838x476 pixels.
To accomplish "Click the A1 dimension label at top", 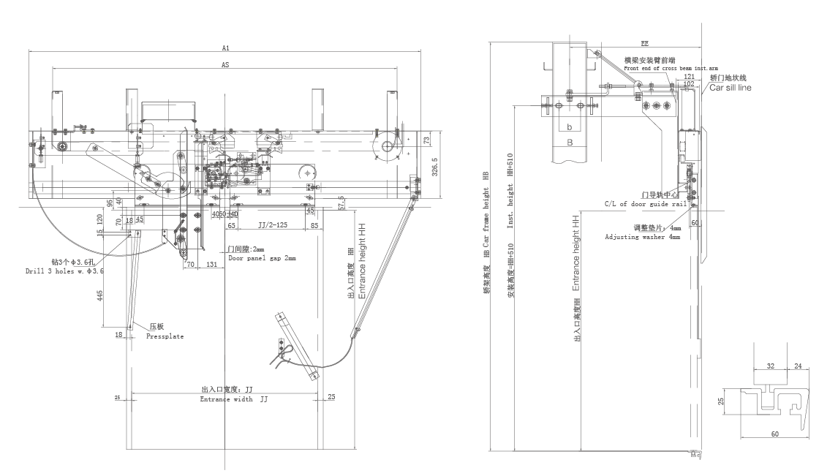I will [226, 48].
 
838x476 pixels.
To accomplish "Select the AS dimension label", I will [226, 65].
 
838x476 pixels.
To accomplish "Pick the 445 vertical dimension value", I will [99, 295].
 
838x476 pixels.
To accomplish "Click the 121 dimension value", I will [689, 75].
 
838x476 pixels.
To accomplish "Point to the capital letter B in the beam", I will [568, 143].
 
